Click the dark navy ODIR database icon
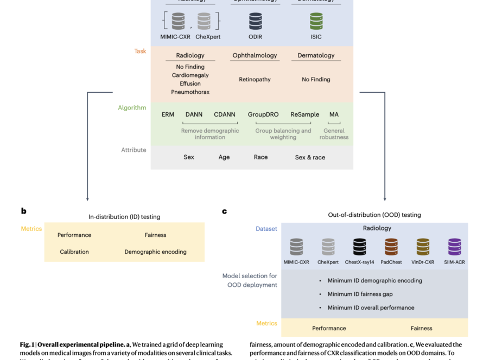pos(256,21)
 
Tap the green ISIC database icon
pos(316,21)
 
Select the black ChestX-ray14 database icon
pos(360,247)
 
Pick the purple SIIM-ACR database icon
pos(454,247)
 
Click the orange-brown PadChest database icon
pos(391,247)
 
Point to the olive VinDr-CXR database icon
pos(423,247)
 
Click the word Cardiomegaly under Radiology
pos(190,75)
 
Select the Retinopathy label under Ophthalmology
pos(255,79)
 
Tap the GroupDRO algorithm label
pos(263,114)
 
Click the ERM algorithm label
pos(168,114)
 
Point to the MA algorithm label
pos(334,114)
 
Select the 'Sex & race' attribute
pos(310,157)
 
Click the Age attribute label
pos(224,157)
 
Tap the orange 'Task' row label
pos(140,52)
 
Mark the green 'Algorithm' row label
pos(132,108)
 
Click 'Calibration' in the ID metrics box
pos(74,252)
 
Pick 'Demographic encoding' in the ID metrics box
pos(155,252)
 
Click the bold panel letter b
pos(23,211)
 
